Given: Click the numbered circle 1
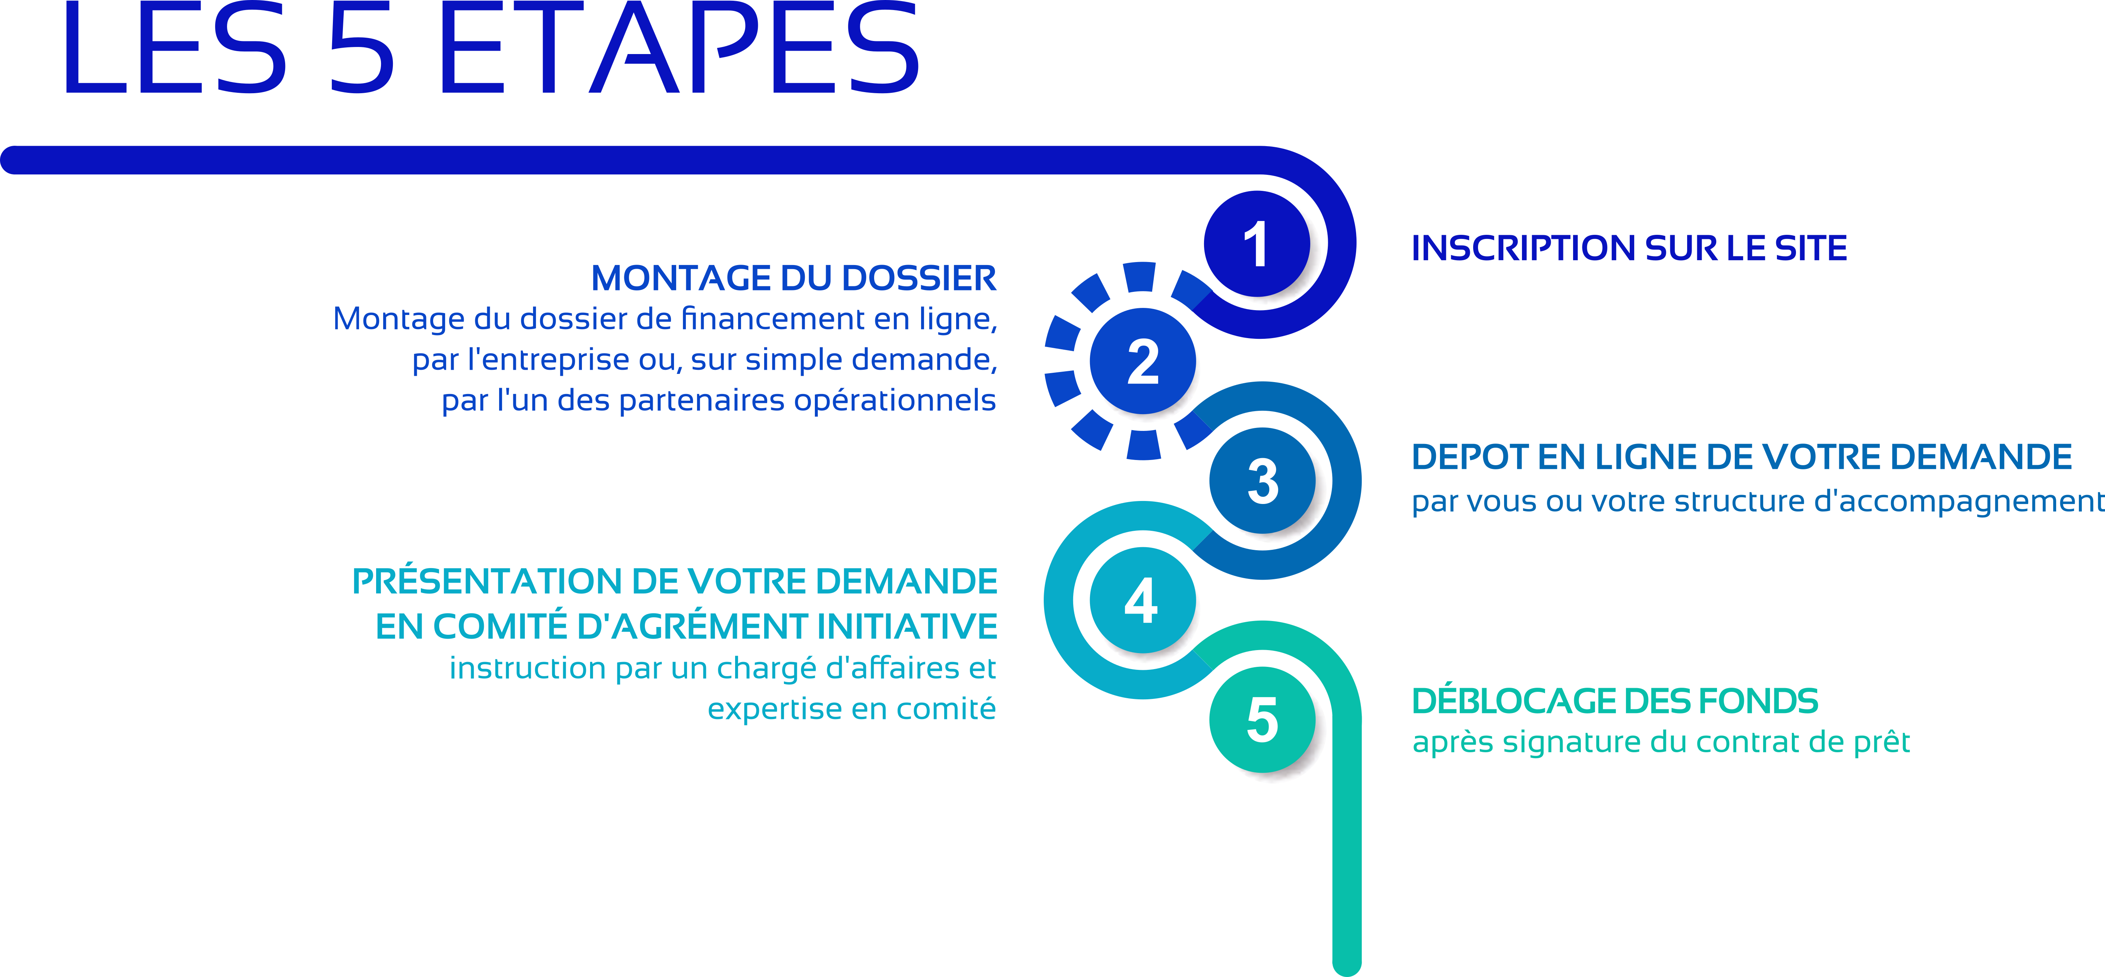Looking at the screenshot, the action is pyautogui.click(x=1257, y=243).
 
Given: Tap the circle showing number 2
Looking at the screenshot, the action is pyautogui.click(x=1143, y=361).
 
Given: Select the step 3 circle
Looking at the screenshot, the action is pyautogui.click(x=1263, y=480).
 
